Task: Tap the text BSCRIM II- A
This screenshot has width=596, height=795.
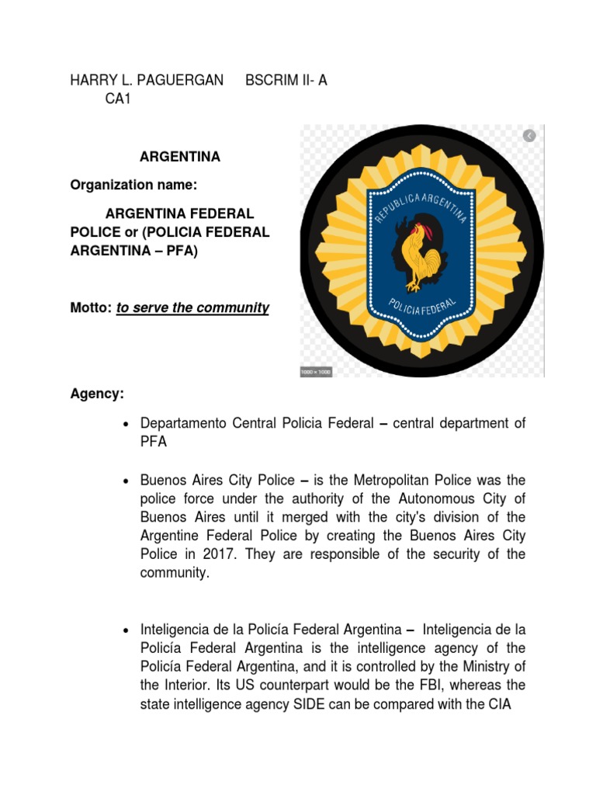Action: point(286,81)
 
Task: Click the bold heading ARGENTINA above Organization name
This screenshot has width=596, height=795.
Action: point(180,157)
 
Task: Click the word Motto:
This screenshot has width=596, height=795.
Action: point(90,308)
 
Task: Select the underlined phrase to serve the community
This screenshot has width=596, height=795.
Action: point(192,308)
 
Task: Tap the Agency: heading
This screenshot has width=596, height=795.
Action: point(96,394)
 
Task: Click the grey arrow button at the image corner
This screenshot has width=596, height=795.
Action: point(529,136)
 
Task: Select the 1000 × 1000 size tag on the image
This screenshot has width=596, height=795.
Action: point(316,372)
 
